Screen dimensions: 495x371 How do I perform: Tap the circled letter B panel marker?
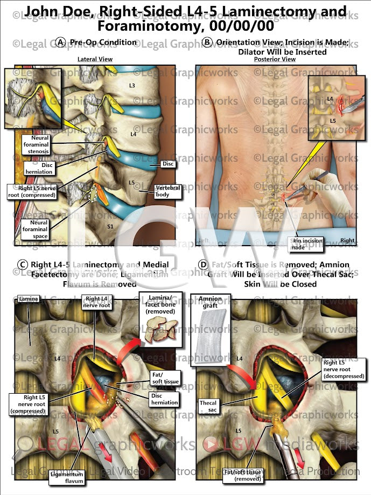[x=207, y=43]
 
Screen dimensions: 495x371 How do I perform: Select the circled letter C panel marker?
[x=23, y=264]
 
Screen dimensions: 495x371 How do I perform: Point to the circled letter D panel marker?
[x=203, y=264]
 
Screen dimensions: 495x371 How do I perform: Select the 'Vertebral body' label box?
[x=167, y=191]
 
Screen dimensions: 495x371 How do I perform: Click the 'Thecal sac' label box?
[x=208, y=406]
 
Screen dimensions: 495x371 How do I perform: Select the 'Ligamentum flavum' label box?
[x=67, y=477]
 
